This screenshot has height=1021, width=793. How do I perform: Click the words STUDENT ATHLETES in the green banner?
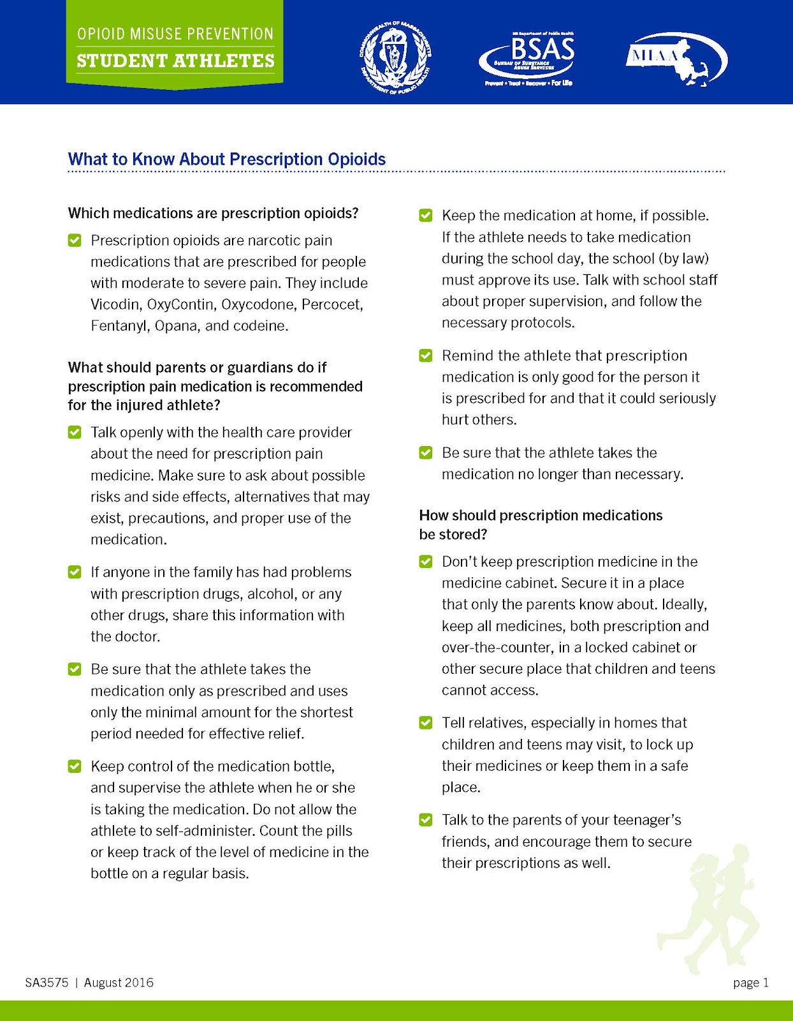[x=175, y=61]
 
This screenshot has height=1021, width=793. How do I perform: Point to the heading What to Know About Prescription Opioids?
[x=227, y=159]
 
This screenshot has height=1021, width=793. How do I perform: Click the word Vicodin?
[x=116, y=304]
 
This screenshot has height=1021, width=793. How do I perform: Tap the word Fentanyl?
[x=120, y=326]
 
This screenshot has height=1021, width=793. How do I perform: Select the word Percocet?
[x=332, y=304]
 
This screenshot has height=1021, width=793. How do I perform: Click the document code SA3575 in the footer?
[x=47, y=983]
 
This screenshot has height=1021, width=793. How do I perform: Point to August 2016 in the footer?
[x=119, y=983]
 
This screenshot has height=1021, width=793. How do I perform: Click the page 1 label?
[x=750, y=983]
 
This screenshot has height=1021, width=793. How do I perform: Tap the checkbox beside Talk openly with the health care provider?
[x=75, y=433]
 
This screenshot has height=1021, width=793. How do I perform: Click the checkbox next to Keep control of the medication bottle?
[x=75, y=766]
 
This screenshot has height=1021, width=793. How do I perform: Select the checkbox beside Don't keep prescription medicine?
[x=426, y=562]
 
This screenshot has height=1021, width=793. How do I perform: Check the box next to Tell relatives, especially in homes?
[x=426, y=723]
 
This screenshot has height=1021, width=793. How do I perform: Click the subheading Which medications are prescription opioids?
[x=213, y=213]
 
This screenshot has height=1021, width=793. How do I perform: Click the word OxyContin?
[x=180, y=304]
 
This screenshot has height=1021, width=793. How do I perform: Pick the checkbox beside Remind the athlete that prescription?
[x=426, y=355]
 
